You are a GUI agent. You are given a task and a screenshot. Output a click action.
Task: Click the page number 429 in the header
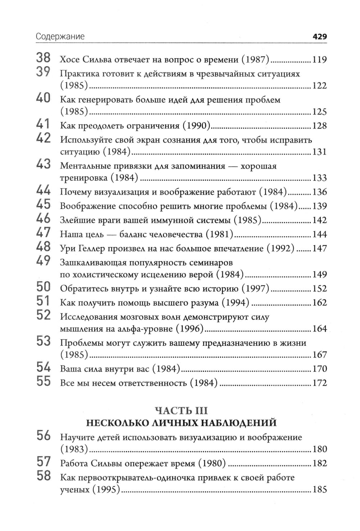click(319, 37)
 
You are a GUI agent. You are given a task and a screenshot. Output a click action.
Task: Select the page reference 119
click(319, 60)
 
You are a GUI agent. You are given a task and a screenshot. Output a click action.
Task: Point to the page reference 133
click(319, 178)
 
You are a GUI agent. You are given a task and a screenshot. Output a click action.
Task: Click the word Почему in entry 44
click(74, 192)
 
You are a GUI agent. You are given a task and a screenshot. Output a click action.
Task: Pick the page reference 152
click(319, 289)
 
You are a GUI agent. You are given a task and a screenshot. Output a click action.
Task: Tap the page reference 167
click(319, 355)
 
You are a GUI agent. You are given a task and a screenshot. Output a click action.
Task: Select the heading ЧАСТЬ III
click(181, 410)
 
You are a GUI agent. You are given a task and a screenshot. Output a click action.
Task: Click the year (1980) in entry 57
click(212, 463)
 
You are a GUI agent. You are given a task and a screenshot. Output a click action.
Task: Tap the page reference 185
click(319, 490)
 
